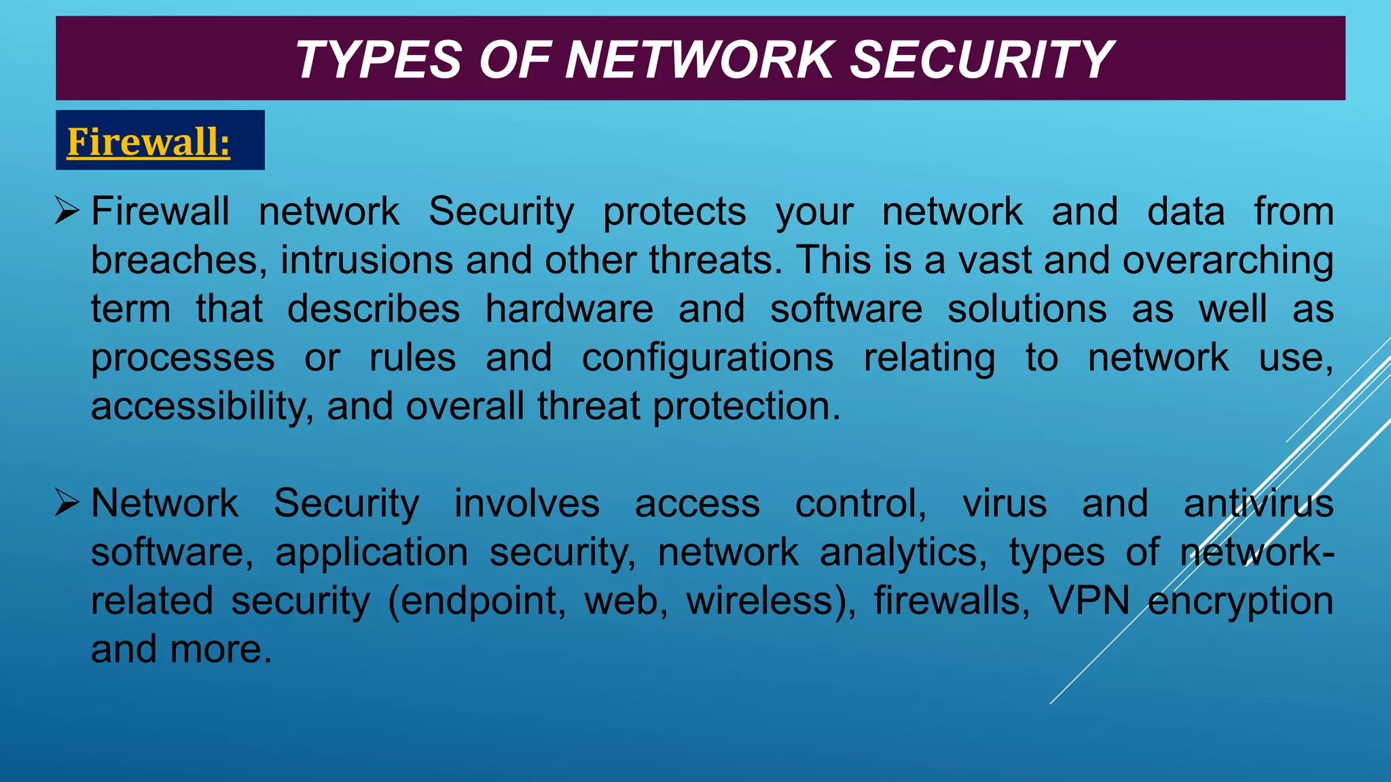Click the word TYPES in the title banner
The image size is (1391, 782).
(x=378, y=60)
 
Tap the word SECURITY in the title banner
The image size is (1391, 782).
(x=981, y=60)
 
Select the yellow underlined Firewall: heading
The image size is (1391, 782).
(x=149, y=142)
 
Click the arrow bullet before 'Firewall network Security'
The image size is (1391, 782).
(x=68, y=211)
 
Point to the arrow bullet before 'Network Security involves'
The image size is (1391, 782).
(x=68, y=504)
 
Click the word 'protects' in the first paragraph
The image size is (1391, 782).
(x=674, y=212)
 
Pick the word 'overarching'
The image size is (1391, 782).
(x=1227, y=261)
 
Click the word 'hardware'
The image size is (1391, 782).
(x=569, y=310)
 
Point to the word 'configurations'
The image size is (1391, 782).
(x=707, y=358)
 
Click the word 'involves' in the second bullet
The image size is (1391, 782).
(x=526, y=504)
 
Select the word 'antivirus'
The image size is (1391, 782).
(x=1259, y=504)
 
